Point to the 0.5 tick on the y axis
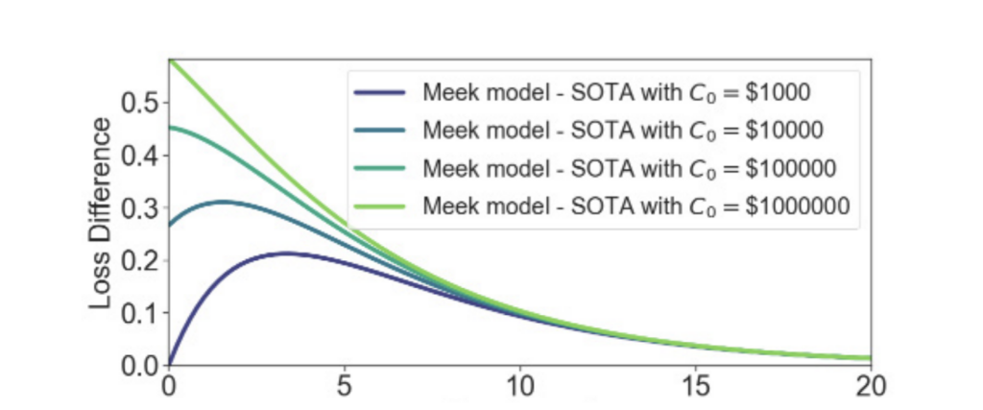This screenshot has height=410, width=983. pyautogui.click(x=142, y=103)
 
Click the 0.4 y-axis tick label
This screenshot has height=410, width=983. pyautogui.click(x=142, y=156)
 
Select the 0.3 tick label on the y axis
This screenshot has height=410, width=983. pyautogui.click(x=142, y=208)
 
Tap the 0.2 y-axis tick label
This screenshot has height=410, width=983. pyautogui.click(x=142, y=261)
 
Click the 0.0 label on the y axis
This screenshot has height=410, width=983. pyautogui.click(x=142, y=366)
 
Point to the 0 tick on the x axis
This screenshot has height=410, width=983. pyautogui.click(x=169, y=389)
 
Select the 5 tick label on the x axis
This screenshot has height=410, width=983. pyautogui.click(x=344, y=389)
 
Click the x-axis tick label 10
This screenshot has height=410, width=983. pyautogui.click(x=519, y=389)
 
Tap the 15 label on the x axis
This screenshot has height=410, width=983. pyautogui.click(x=695, y=389)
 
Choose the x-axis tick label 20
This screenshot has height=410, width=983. pyautogui.click(x=870, y=389)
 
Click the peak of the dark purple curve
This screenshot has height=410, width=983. pyautogui.click(x=284, y=253)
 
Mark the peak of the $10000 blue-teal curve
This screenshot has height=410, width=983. pyautogui.click(x=223, y=201)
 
